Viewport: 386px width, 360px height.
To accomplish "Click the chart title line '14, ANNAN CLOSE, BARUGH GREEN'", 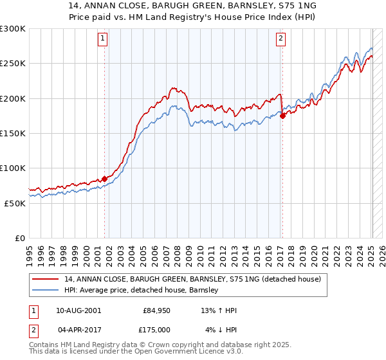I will tap(193, 6).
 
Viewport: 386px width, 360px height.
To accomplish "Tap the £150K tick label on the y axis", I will tap(13, 133).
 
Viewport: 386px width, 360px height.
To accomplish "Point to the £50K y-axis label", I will tap(15, 203).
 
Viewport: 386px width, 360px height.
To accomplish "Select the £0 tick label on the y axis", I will tap(21, 237).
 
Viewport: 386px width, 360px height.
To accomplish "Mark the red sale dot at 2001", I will tap(104, 179).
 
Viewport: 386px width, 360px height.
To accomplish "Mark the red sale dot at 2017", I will tap(282, 116).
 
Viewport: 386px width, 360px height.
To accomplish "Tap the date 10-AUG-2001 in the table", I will tap(78, 310).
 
